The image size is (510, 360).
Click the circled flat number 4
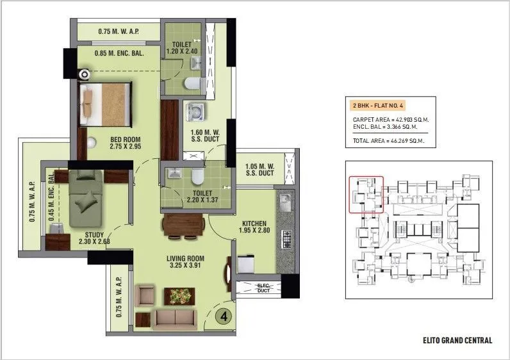point(223,316)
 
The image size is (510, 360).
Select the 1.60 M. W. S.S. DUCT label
point(204,138)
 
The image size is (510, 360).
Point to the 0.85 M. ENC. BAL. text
point(117,53)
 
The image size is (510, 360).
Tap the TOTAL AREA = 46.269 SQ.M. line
point(388,140)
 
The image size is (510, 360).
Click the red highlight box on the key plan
point(366,194)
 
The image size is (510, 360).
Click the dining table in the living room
point(183,225)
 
